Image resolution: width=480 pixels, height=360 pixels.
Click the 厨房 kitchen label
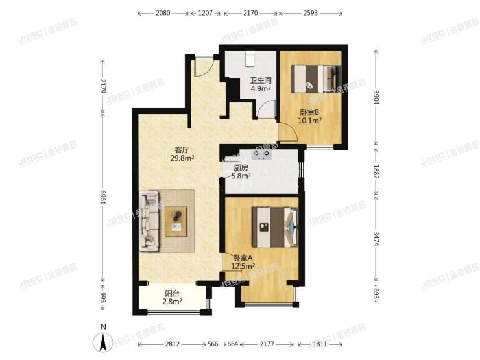point(232,167)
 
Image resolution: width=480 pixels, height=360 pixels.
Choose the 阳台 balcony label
point(171,293)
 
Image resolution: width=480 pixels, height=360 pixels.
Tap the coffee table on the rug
point(175,221)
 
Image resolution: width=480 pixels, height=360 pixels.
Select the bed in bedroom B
point(314,78)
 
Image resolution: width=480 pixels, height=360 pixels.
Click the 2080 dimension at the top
point(163,13)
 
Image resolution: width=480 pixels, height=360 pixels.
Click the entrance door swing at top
point(203,66)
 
